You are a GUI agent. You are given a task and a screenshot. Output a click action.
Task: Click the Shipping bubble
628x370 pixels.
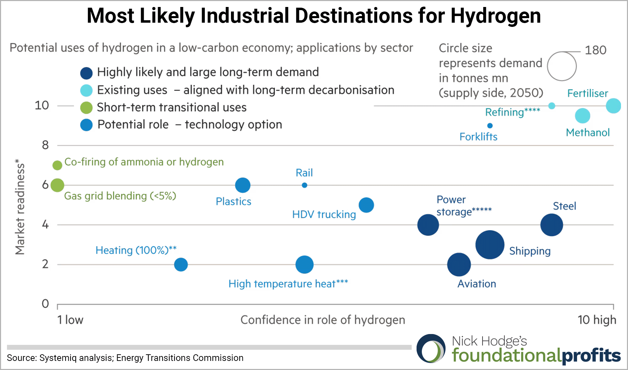click(x=490, y=245)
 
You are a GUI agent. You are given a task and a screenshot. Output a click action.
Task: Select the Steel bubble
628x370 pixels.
click(x=552, y=225)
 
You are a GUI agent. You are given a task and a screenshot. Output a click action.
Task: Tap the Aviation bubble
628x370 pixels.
click(x=459, y=265)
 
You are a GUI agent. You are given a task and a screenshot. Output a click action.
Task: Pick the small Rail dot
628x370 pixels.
click(x=305, y=185)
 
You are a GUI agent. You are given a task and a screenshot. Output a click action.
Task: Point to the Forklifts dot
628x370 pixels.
click(x=490, y=126)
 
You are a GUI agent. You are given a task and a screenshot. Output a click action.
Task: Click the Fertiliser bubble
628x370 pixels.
click(x=613, y=106)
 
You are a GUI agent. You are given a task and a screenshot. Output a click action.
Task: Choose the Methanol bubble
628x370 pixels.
click(x=582, y=116)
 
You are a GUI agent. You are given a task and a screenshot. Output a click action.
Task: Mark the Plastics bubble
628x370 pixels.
click(x=243, y=185)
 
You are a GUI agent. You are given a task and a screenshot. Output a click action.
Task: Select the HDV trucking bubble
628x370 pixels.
click(x=366, y=205)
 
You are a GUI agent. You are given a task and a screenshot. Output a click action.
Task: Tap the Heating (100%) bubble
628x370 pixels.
click(x=181, y=265)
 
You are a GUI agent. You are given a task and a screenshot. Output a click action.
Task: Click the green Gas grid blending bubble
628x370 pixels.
click(x=57, y=185)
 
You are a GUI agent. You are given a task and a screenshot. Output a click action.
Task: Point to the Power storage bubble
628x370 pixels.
click(x=428, y=225)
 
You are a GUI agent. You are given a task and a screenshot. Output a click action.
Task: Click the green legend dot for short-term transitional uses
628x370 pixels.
click(x=86, y=108)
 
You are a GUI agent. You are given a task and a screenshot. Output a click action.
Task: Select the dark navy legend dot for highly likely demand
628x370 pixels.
click(x=86, y=73)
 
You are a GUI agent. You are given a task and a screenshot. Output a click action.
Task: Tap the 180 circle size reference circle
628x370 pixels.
click(x=562, y=66)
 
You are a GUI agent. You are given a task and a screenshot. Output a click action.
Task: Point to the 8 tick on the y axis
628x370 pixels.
click(x=45, y=145)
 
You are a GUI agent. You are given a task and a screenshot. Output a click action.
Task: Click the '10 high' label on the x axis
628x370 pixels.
click(x=597, y=320)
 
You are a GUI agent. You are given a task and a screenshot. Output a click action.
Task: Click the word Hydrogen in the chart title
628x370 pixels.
click(x=495, y=16)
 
